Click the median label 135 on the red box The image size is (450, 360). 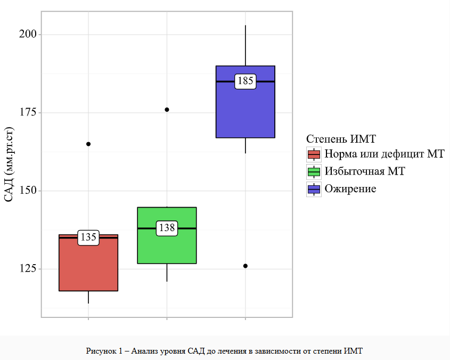[x=88, y=238]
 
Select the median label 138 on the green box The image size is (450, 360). [x=167, y=228]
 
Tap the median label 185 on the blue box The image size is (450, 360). [x=246, y=81]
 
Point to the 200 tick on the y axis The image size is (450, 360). [x=28, y=34]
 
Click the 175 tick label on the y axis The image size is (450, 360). [x=28, y=112]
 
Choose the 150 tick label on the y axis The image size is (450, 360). [x=28, y=191]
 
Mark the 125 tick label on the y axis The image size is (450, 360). [x=28, y=269]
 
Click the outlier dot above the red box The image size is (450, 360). [x=88, y=144]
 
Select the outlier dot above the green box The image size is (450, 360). [x=167, y=109]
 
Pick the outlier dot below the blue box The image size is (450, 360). [x=246, y=266]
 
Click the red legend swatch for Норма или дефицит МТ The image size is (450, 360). [x=314, y=154]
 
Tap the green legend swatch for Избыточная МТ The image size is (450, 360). [x=314, y=171]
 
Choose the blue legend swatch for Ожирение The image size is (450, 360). [x=314, y=189]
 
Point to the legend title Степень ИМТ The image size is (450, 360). [x=341, y=139]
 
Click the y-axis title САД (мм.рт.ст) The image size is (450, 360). [x=9, y=165]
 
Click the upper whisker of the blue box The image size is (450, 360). [x=246, y=45]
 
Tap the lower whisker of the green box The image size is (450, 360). [x=167, y=272]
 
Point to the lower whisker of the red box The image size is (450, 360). [x=88, y=297]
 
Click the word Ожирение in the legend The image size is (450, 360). [x=350, y=189]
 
